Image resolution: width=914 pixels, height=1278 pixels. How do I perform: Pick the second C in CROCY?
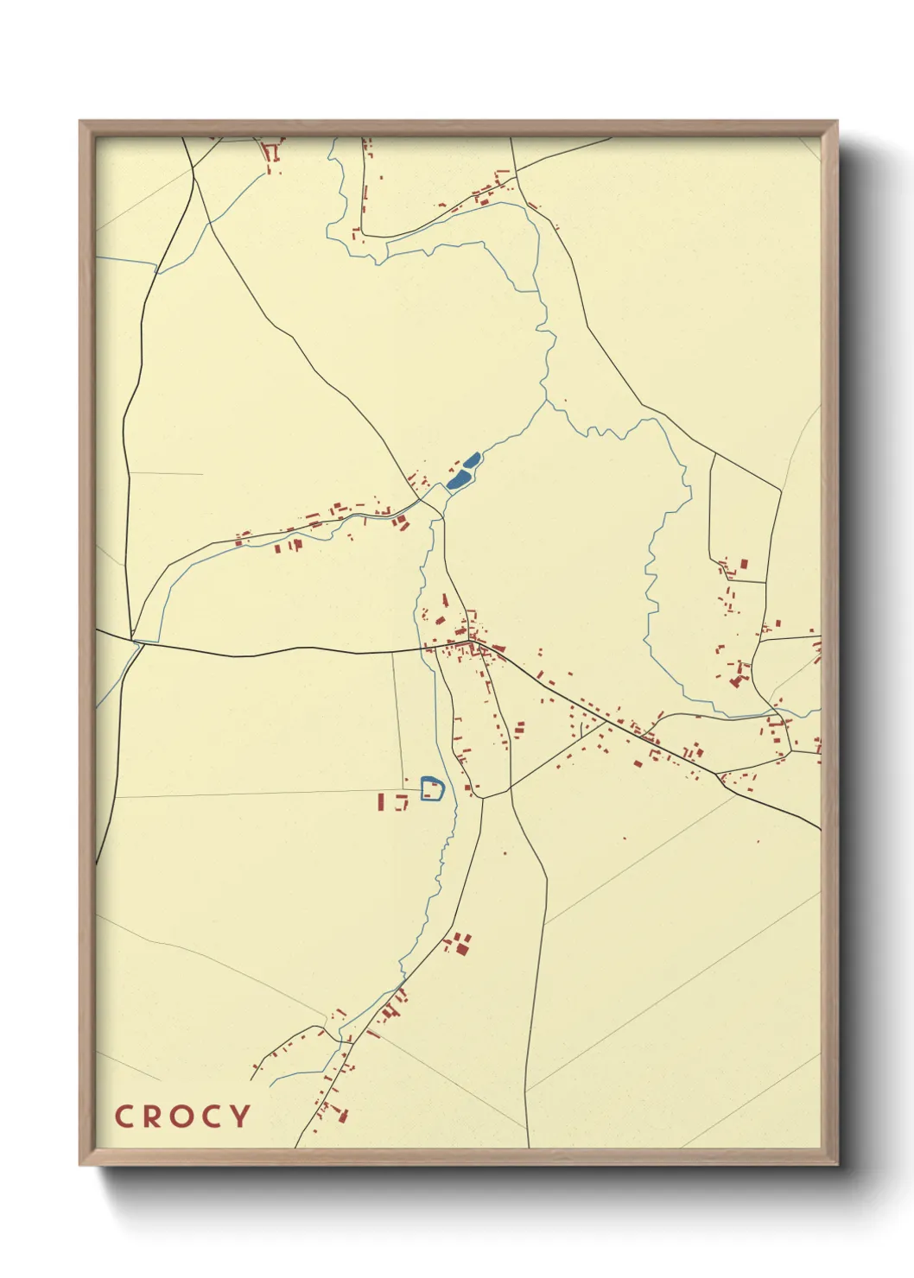coord(213,1116)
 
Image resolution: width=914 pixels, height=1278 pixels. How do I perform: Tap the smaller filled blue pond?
coord(472,460)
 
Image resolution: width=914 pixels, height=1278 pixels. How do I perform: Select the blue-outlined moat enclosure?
coord(432,789)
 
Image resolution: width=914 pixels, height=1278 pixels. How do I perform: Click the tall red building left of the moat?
coord(380,801)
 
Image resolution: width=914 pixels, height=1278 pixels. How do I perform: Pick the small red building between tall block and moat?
coord(401,802)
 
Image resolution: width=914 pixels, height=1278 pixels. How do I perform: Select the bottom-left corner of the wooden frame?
coord(81,1163)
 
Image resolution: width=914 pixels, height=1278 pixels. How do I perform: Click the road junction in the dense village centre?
coord(471,643)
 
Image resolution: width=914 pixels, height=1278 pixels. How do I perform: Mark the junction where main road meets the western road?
coord(135,642)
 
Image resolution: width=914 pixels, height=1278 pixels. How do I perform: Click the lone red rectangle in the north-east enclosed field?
coord(743,564)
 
